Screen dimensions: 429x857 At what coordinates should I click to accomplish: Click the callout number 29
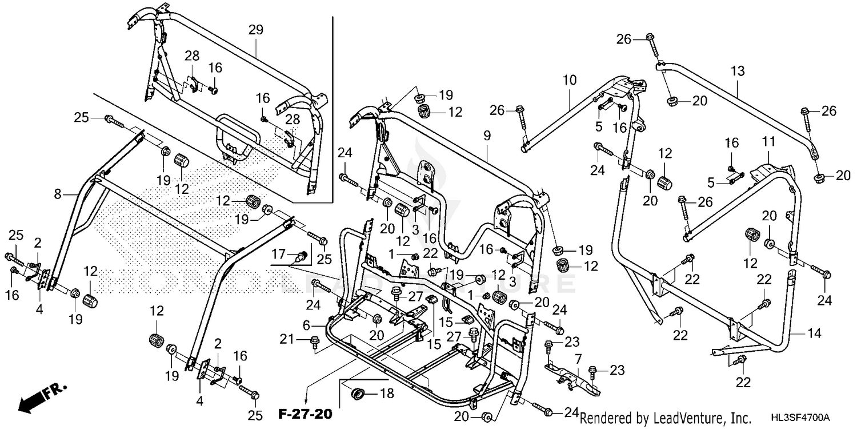pyautogui.click(x=255, y=30)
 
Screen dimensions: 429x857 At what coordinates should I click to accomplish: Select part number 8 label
pyautogui.click(x=57, y=195)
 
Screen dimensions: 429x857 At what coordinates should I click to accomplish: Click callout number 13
pyautogui.click(x=738, y=71)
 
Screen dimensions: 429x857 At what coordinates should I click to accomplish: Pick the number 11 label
pyautogui.click(x=766, y=141)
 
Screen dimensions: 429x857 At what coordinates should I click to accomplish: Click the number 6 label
pyautogui.click(x=306, y=325)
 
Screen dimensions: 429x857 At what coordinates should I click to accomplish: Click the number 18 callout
pyautogui.click(x=388, y=394)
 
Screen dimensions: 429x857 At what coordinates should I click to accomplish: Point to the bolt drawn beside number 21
pyautogui.click(x=314, y=341)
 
